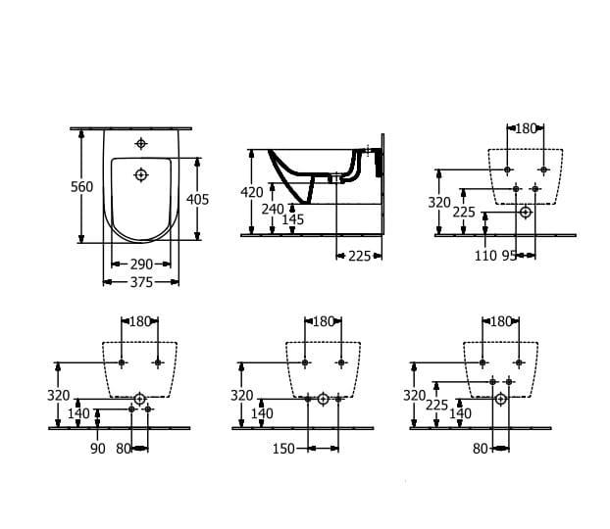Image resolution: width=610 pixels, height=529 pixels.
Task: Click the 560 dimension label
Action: click(81, 187)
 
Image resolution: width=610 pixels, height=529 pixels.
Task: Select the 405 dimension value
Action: click(198, 200)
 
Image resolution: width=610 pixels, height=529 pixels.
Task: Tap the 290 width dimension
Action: click(141, 264)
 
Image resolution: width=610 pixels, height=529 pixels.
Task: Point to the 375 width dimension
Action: click(141, 282)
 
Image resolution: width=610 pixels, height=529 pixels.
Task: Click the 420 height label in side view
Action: click(252, 192)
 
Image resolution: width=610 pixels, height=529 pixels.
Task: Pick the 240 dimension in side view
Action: click(273, 209)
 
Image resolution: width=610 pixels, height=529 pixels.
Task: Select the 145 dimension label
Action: click(292, 219)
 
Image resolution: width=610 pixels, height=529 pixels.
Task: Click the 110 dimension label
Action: click(485, 256)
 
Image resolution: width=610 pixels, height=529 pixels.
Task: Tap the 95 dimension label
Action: click(509, 256)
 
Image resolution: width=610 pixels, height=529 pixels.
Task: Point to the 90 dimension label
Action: click(98, 449)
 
